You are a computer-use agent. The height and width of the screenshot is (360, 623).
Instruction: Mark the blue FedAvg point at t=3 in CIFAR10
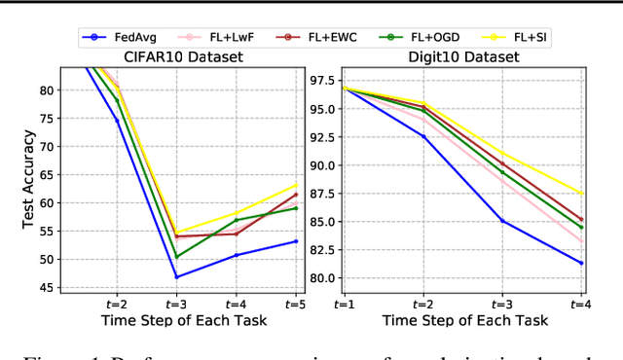pyautogui.click(x=177, y=276)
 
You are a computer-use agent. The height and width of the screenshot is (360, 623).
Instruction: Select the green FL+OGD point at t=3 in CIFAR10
pyautogui.click(x=177, y=256)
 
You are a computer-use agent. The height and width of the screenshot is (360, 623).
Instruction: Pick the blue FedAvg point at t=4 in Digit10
pyautogui.click(x=582, y=263)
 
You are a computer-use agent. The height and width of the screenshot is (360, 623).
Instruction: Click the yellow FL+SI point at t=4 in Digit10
pyautogui.click(x=582, y=193)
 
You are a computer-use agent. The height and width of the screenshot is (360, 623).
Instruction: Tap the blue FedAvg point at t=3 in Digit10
pyautogui.click(x=502, y=221)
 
